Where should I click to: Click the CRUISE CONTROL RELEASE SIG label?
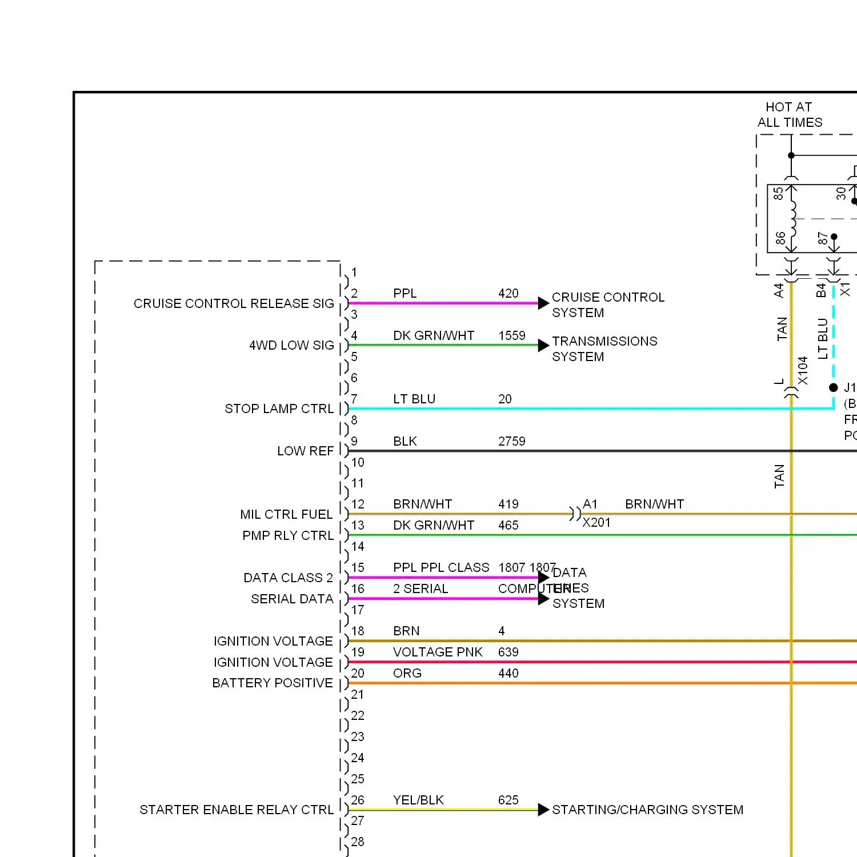(x=234, y=303)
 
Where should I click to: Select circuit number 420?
(x=508, y=293)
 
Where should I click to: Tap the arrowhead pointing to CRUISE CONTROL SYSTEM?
(x=543, y=303)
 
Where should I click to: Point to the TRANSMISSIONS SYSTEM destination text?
(x=604, y=349)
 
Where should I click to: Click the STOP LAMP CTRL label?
(x=279, y=409)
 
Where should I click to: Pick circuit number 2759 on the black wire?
(x=511, y=441)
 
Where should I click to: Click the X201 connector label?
(x=596, y=522)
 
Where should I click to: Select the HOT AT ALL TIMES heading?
(x=790, y=115)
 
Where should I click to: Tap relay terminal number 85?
(x=778, y=194)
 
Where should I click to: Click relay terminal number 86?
(x=780, y=238)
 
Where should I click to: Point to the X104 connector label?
(x=803, y=371)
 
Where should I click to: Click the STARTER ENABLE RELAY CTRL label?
(x=237, y=810)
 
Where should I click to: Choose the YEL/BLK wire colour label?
(x=418, y=800)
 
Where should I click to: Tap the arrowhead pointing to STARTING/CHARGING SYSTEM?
(x=543, y=810)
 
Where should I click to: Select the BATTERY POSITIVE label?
(x=272, y=683)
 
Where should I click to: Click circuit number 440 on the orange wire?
(x=508, y=673)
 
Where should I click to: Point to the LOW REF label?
(x=305, y=451)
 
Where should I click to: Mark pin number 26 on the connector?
(x=358, y=800)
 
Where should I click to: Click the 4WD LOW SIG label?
(x=291, y=345)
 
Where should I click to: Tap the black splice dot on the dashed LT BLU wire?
(x=834, y=387)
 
